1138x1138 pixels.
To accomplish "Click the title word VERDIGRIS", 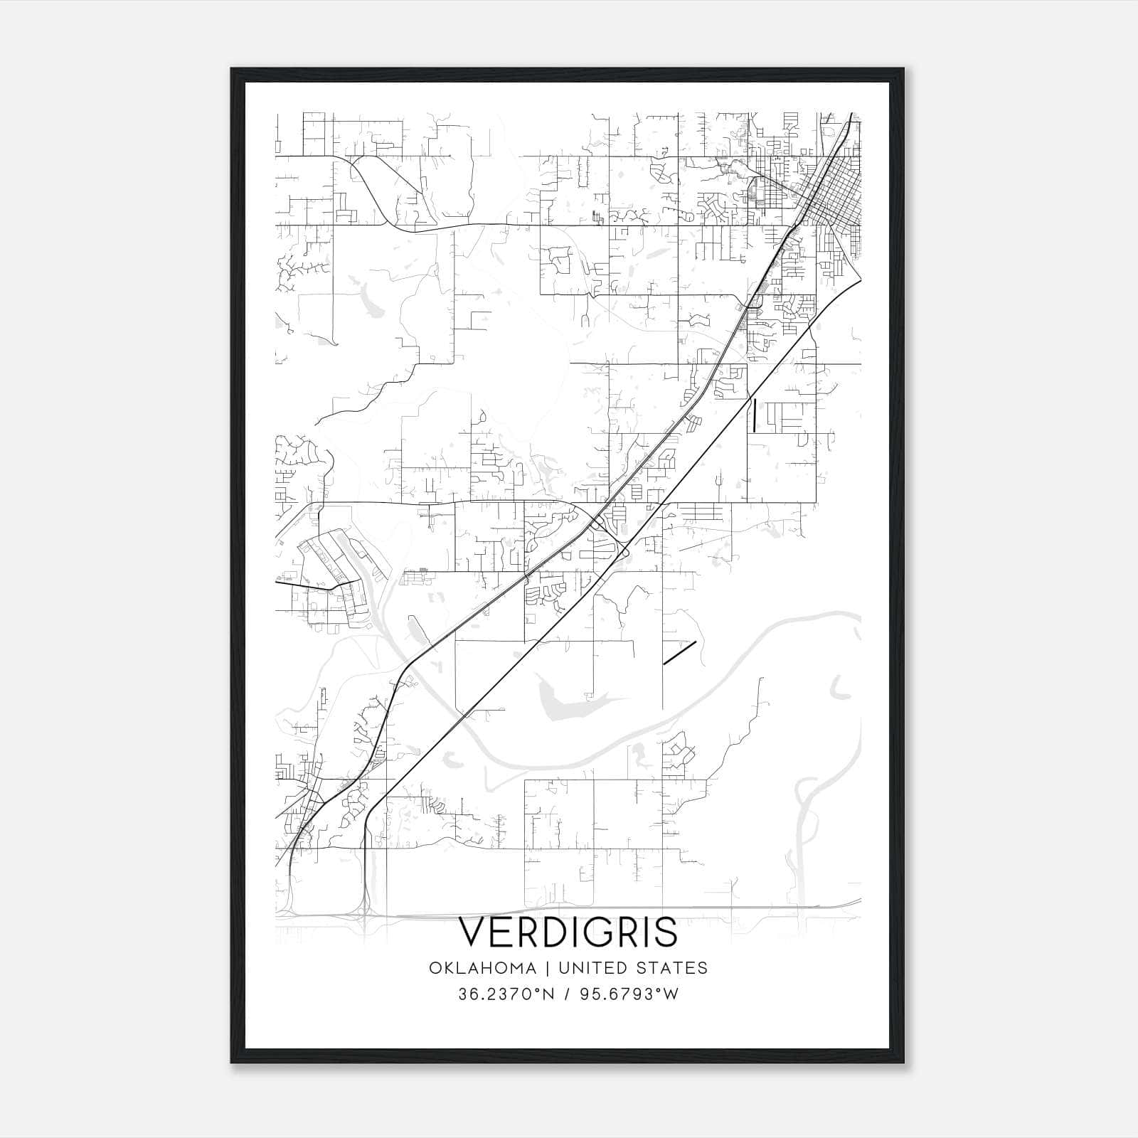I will pos(568,932).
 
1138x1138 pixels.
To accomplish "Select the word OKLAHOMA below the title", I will pos(483,968).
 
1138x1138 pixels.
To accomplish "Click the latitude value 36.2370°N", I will pos(506,994).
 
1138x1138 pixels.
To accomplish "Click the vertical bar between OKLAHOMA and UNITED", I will pos(548,968).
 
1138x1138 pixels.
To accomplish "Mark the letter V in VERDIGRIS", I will pos(474,932).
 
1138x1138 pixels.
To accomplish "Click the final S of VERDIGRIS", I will pos(666,932).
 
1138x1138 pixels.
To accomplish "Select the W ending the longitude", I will pos(671,994).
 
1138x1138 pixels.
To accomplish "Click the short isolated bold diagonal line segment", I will pos(679,653).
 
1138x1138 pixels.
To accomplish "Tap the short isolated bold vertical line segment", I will pos(754,415).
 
